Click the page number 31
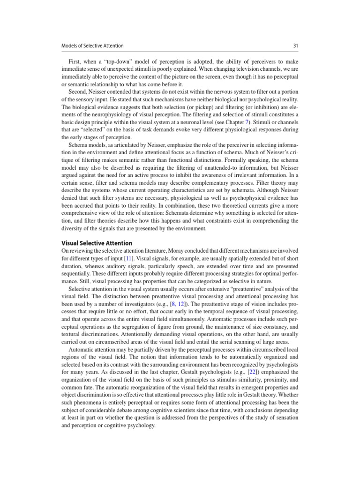point(295,45)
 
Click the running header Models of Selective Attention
point(92,45)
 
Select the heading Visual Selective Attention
point(97,243)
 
